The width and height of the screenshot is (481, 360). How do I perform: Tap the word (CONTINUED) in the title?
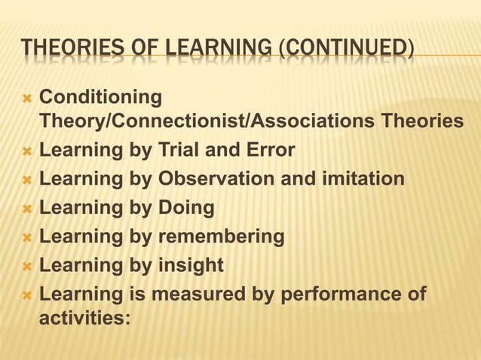pyautogui.click(x=345, y=52)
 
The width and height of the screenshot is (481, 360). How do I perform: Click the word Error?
pyautogui.click(x=268, y=151)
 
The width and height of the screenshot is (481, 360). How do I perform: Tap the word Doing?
pyautogui.click(x=185, y=208)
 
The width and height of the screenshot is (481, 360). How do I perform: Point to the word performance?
pyautogui.click(x=346, y=294)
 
